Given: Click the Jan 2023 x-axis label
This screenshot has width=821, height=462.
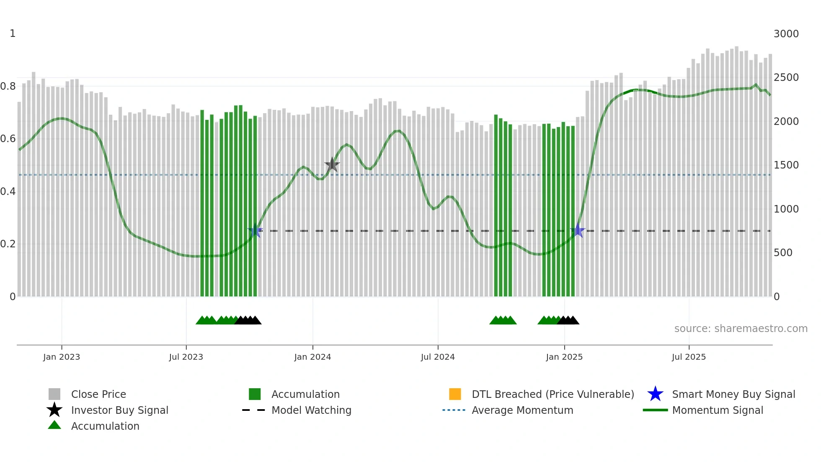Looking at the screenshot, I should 62,357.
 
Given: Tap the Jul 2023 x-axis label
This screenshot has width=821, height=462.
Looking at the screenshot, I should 186,357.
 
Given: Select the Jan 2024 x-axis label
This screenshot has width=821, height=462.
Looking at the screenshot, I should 312,357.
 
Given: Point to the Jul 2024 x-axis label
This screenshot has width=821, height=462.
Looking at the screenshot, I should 438,357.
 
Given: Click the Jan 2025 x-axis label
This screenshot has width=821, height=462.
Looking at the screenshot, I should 564,357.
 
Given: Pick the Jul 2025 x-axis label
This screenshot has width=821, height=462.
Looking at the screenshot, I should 689,357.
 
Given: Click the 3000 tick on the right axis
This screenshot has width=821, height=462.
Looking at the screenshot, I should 786,34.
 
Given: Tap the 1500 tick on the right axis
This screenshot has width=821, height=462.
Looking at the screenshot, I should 786,165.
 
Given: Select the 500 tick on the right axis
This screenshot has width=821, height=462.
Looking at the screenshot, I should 783,253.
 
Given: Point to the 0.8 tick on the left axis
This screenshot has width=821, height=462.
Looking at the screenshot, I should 8,86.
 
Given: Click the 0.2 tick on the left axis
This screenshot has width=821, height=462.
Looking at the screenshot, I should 8,244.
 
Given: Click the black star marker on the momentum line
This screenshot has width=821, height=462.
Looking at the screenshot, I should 332,164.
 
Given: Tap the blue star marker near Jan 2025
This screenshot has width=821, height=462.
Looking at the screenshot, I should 578,231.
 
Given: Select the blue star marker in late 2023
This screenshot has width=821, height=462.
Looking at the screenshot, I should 255,231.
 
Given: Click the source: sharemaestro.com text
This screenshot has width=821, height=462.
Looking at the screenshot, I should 741,329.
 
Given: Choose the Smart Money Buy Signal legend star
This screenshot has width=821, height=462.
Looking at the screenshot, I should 655,394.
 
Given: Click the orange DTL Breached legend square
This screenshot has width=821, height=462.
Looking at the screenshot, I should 455,394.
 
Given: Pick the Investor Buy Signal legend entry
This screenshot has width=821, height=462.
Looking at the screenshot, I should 119,410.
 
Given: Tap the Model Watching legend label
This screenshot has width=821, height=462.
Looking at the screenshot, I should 311,410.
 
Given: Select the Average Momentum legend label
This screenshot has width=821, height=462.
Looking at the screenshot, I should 522,410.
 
